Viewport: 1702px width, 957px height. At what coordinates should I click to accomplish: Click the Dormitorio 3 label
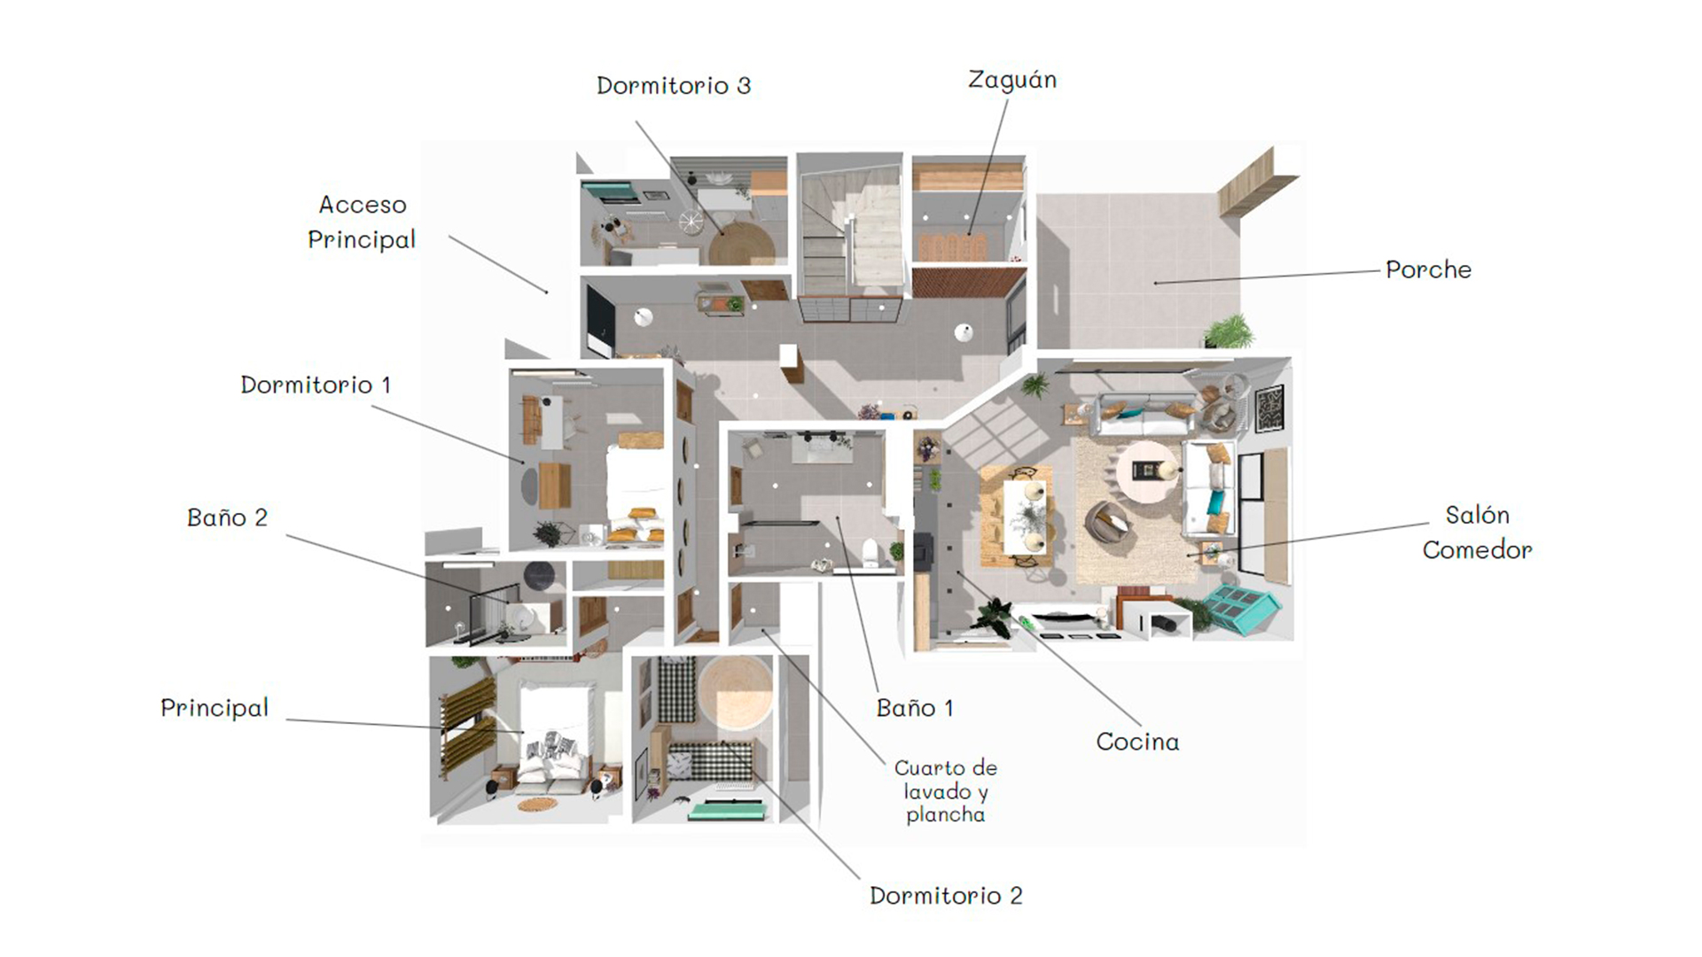[x=674, y=86]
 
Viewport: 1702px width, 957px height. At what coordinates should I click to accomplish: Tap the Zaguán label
[x=1012, y=81]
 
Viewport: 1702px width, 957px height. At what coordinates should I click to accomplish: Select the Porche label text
[x=1428, y=269]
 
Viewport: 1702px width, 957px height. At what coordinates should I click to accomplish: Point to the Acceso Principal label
[x=362, y=222]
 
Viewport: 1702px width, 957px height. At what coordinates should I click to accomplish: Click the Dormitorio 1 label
[x=316, y=385]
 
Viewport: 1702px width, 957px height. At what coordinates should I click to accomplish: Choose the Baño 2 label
[x=227, y=517]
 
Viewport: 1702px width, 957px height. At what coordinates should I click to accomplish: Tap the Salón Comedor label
[x=1477, y=532]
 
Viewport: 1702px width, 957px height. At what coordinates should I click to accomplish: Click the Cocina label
[x=1137, y=742]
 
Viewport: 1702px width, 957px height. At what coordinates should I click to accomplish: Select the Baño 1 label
[x=915, y=708]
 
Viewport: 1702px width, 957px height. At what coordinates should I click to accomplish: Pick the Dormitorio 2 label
[x=946, y=896]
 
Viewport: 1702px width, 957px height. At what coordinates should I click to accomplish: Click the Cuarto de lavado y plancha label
[x=945, y=791]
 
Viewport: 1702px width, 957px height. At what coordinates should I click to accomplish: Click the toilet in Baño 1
[x=871, y=551]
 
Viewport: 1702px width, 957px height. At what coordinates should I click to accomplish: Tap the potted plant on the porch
[x=1228, y=332]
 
